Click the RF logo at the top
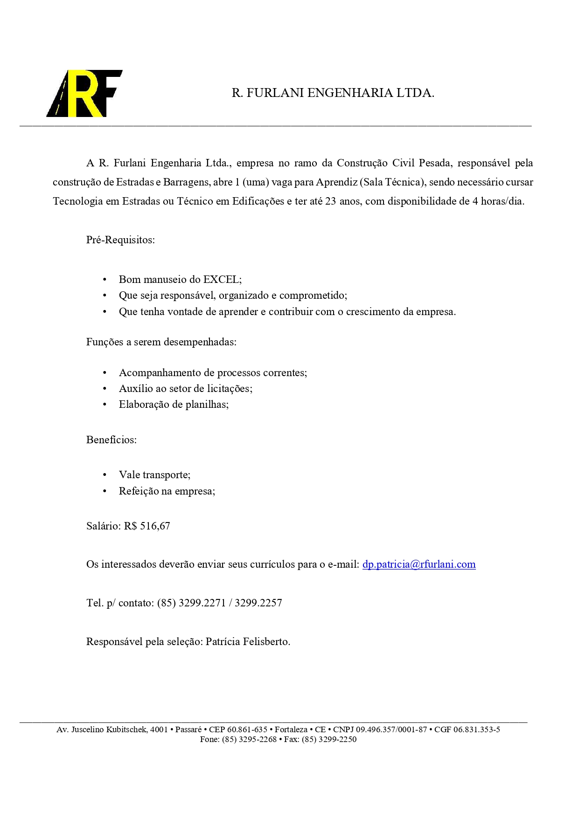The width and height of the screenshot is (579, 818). pos(84,93)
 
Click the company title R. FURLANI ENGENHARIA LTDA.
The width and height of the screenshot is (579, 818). pos(333,93)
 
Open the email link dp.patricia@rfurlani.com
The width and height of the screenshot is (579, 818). pos(419,564)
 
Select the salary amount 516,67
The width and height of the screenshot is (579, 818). pos(155,526)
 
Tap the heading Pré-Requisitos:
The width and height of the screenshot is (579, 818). pos(120,240)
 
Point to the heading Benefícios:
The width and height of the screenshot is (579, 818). pos(112,440)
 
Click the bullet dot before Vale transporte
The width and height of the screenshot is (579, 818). pos(105,475)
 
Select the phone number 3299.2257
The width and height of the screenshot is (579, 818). pos(258,603)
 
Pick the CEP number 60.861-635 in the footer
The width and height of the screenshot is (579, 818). pos(247,729)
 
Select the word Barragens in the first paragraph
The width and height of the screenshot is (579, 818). pos(186,182)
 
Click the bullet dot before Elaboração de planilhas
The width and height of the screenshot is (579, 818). pos(105,405)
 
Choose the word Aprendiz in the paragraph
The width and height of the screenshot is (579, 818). pos(336,182)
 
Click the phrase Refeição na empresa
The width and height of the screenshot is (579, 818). pos(167,491)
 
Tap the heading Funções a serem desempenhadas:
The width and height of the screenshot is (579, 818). pos(161,342)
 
